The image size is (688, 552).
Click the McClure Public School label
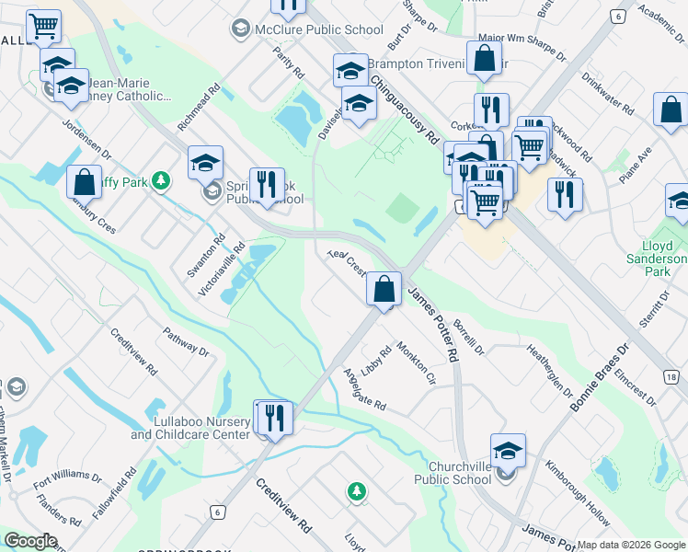[x=318, y=29]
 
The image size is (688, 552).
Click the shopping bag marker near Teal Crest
[x=384, y=289]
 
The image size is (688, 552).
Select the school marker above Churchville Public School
[x=508, y=451]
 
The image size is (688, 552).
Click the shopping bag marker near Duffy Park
[x=84, y=181]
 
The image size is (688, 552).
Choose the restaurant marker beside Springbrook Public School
[x=267, y=183]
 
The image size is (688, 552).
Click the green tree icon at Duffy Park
[x=162, y=181]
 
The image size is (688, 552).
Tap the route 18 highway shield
[x=671, y=377]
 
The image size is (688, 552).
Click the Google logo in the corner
[x=29, y=542]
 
